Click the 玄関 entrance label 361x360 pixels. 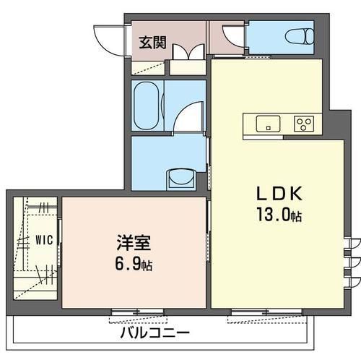[x=153, y=43]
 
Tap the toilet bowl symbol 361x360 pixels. [x=300, y=37]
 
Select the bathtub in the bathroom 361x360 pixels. [x=146, y=106]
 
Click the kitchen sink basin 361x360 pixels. [x=268, y=124]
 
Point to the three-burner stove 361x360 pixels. [x=304, y=124]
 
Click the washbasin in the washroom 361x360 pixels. [x=182, y=179]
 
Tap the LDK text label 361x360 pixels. [x=279, y=194]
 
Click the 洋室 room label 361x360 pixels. [x=134, y=243]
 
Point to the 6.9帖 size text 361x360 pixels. [x=134, y=265]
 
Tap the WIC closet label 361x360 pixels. [x=44, y=240]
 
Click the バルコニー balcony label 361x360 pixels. [x=155, y=333]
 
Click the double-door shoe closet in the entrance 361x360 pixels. [x=188, y=52]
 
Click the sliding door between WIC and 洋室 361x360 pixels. [x=59, y=243]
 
